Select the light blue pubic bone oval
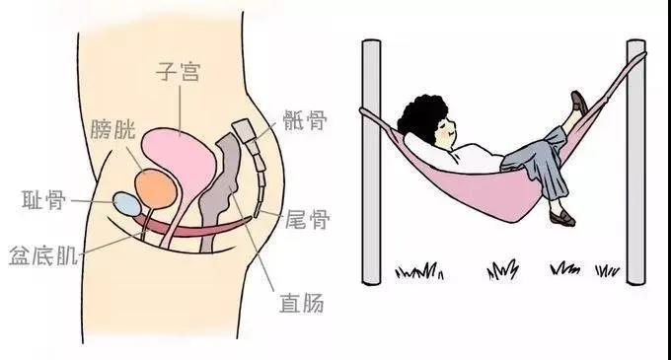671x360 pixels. (x=126, y=203)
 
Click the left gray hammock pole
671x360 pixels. (x=370, y=158)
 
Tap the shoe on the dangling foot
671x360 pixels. (x=559, y=217)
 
